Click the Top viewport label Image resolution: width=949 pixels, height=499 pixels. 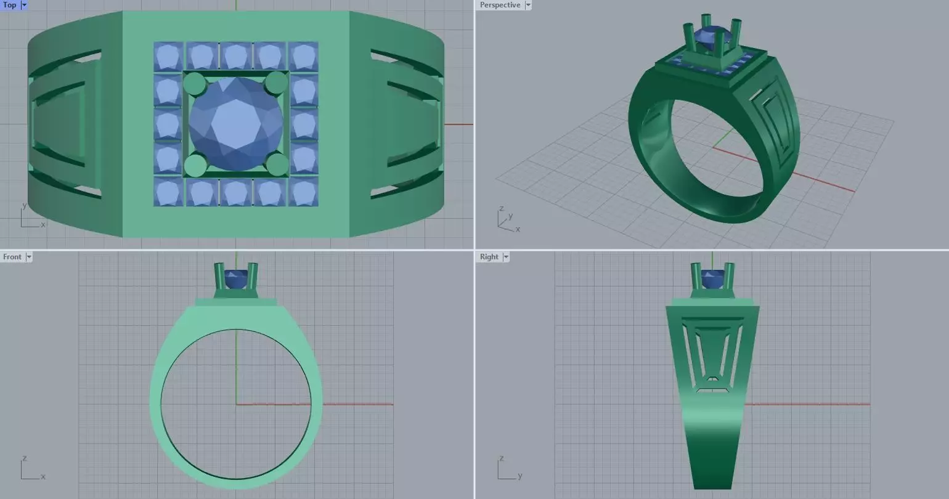point(10,5)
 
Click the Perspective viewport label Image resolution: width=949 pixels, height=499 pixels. point(500,5)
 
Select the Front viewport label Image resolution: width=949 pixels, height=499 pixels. point(12,257)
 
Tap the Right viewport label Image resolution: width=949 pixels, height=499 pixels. point(489,257)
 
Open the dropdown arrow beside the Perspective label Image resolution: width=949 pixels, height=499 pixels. point(528,5)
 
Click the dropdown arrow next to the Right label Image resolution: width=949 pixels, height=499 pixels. point(506,257)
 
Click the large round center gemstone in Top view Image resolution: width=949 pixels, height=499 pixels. point(236,123)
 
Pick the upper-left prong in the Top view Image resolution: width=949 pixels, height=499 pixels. point(195,83)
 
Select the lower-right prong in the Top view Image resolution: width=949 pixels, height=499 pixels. point(278,164)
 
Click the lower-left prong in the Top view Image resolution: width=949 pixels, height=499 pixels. point(195,165)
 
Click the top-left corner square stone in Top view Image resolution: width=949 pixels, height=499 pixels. point(168,57)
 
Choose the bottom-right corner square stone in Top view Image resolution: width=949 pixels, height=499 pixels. point(303,192)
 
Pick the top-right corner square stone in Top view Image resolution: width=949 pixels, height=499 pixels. point(303,57)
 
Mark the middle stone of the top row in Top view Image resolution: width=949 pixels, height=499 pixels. point(235,57)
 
